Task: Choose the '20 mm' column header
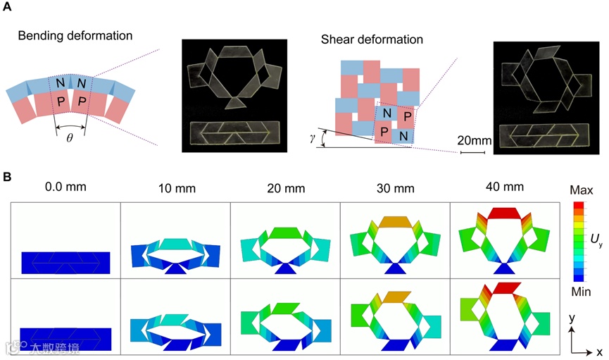click(x=284, y=188)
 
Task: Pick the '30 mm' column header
click(x=395, y=188)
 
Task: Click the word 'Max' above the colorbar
click(x=582, y=188)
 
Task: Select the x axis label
click(x=599, y=351)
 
